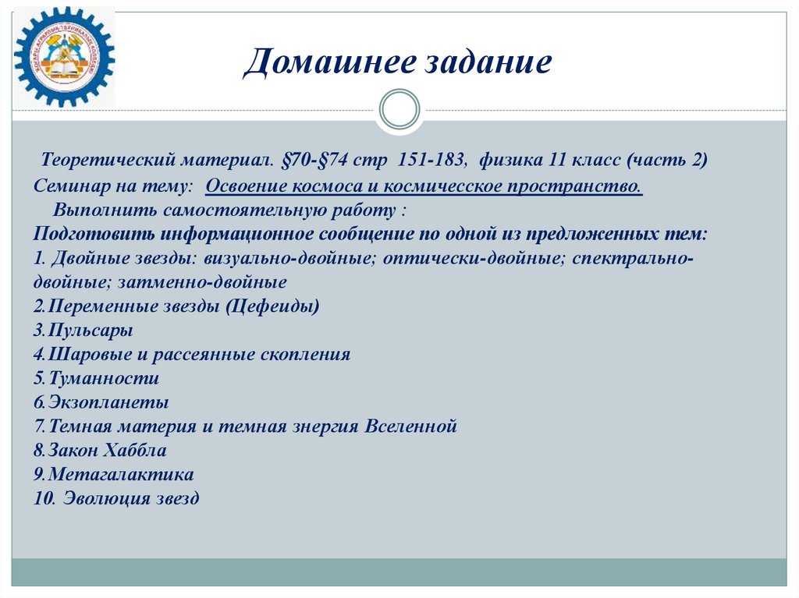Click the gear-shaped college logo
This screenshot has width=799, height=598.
point(64,57)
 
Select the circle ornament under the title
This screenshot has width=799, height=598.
point(399,110)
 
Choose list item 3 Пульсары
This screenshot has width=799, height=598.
point(83,331)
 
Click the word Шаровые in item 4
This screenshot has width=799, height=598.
point(81,355)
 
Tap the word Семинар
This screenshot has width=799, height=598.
point(68,186)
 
